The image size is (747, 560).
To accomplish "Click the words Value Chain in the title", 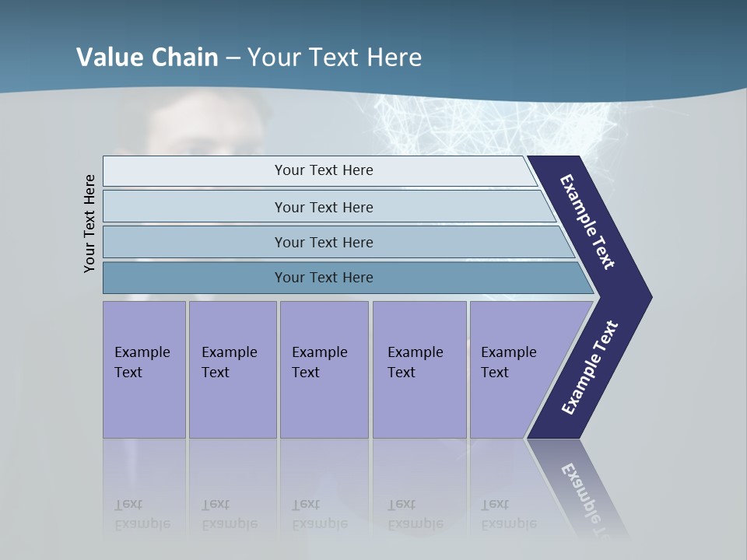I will [147, 58].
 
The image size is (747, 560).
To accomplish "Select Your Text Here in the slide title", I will [335, 58].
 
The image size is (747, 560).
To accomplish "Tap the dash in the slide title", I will [233, 58].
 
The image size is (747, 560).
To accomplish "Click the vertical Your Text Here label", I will [89, 223].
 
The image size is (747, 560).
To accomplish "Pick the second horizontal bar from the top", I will [323, 207].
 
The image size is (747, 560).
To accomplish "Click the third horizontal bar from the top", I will [323, 242].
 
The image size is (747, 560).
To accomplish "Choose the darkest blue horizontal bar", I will [323, 278].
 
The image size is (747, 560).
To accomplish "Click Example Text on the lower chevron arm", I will [590, 368].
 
